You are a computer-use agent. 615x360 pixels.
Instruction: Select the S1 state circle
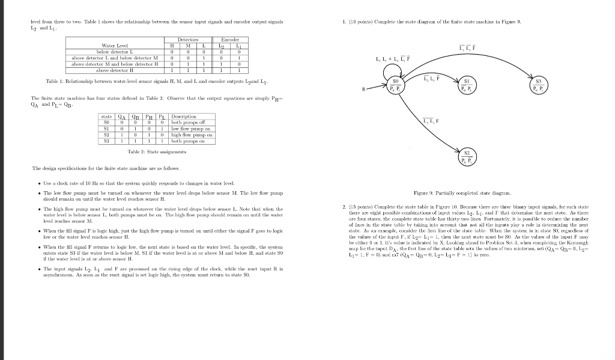tap(466, 85)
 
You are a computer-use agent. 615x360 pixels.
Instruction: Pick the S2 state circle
tap(467, 157)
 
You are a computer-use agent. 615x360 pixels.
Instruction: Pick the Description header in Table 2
tap(184, 117)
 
